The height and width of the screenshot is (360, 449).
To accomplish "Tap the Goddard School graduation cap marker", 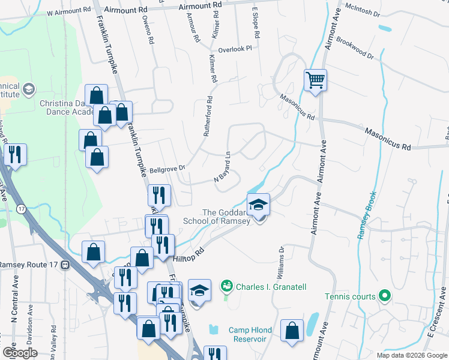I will click(x=259, y=206).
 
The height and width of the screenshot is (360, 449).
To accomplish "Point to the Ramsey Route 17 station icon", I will click(x=64, y=265).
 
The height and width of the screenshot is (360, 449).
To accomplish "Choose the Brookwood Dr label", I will click(x=355, y=47).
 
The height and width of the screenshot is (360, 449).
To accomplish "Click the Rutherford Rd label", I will click(x=206, y=117).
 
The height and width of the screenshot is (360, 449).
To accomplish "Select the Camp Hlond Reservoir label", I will click(x=250, y=335).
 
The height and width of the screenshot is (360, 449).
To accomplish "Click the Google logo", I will click(x=20, y=353).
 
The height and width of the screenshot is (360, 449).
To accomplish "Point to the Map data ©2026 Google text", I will click(x=411, y=355).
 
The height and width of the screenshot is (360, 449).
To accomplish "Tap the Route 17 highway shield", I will click(x=21, y=208).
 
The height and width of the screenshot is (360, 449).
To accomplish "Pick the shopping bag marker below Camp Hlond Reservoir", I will click(x=292, y=332).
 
